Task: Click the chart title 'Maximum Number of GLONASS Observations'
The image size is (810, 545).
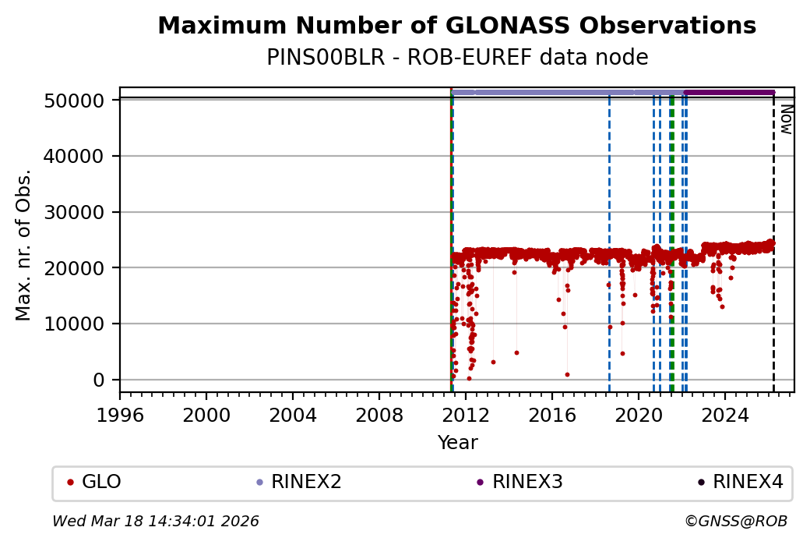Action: click(x=456, y=26)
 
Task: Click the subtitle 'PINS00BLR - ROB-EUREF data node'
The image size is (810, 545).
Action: click(x=456, y=58)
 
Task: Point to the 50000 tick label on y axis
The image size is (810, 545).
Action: click(x=76, y=101)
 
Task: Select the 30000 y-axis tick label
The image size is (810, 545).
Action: click(x=76, y=212)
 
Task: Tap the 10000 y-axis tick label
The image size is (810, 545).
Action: click(x=76, y=324)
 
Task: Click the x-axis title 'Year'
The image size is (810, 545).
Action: click(x=457, y=443)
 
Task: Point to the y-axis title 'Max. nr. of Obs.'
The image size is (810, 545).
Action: click(x=24, y=245)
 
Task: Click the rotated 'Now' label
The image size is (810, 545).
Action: click(x=787, y=119)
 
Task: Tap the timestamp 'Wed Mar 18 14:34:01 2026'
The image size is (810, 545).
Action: click(x=156, y=521)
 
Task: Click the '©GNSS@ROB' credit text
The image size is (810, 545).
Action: click(x=736, y=521)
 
